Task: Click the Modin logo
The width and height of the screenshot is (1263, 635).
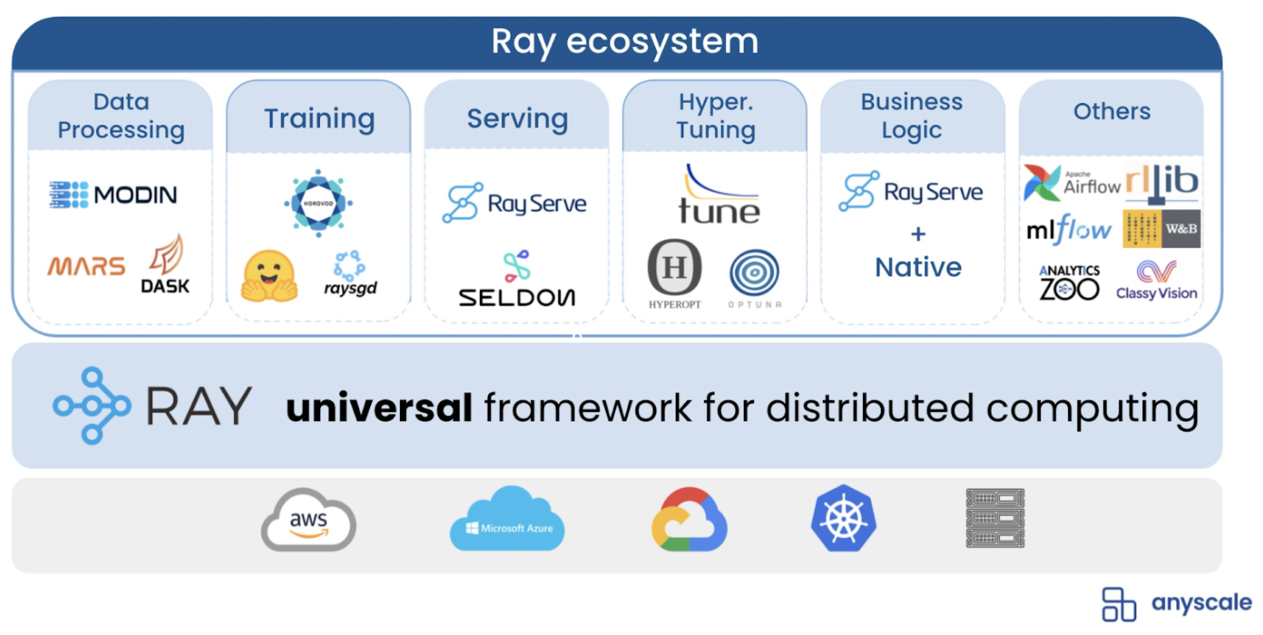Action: pos(113,195)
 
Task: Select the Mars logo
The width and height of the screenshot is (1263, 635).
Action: pos(86,266)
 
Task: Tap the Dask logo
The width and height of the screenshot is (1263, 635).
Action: pos(165,266)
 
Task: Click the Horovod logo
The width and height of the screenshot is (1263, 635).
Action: pos(318,203)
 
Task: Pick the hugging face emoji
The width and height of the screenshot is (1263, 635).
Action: pos(269,277)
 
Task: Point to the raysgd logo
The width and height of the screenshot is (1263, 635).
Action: pos(350,274)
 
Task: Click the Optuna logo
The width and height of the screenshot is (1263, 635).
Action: pos(754,274)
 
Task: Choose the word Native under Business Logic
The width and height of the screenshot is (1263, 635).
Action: pos(918,267)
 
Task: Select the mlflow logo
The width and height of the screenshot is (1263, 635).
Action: pos(1069,229)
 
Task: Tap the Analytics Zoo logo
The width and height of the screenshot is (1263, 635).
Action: pos(1069,283)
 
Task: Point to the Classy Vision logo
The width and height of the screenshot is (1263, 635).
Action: pos(1157,281)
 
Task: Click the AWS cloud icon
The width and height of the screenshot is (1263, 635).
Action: pos(308,519)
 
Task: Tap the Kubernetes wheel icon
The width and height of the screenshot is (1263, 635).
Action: pos(843,518)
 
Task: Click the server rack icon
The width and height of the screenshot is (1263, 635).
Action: pos(995,518)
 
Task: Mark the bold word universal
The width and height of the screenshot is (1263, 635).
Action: pos(379,409)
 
